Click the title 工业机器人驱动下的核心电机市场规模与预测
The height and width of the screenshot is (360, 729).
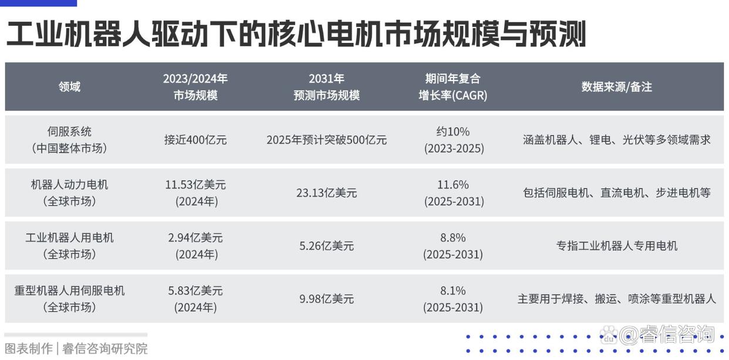click(296, 35)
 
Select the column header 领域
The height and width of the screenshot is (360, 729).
click(69, 87)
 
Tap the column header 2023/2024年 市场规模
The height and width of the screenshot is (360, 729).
click(195, 87)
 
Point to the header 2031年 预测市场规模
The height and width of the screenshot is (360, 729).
click(326, 87)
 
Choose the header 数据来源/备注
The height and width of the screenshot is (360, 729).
click(616, 87)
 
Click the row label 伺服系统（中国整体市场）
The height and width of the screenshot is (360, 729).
click(69, 140)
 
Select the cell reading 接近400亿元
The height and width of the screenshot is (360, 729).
click(195, 140)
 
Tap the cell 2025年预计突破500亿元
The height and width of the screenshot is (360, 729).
click(326, 140)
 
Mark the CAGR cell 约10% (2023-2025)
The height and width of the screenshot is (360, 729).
click(453, 140)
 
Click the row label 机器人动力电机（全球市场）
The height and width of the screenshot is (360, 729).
click(69, 193)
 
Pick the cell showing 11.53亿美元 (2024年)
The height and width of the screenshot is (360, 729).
click(195, 193)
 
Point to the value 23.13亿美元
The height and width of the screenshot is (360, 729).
click(326, 193)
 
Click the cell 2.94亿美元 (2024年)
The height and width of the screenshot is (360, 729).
click(195, 246)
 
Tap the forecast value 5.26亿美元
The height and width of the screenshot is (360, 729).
click(326, 246)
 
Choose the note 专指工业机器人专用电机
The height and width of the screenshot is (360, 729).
click(616, 246)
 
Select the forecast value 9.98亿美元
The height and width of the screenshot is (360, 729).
click(326, 299)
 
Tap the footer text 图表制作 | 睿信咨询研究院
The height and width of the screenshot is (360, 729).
click(76, 348)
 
